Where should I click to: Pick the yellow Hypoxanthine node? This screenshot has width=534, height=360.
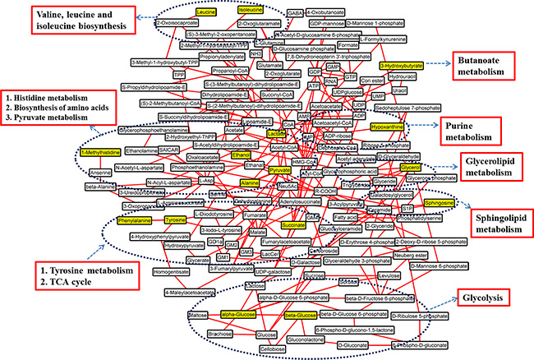(x=385, y=128)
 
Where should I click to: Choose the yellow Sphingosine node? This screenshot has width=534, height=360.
(x=439, y=202)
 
